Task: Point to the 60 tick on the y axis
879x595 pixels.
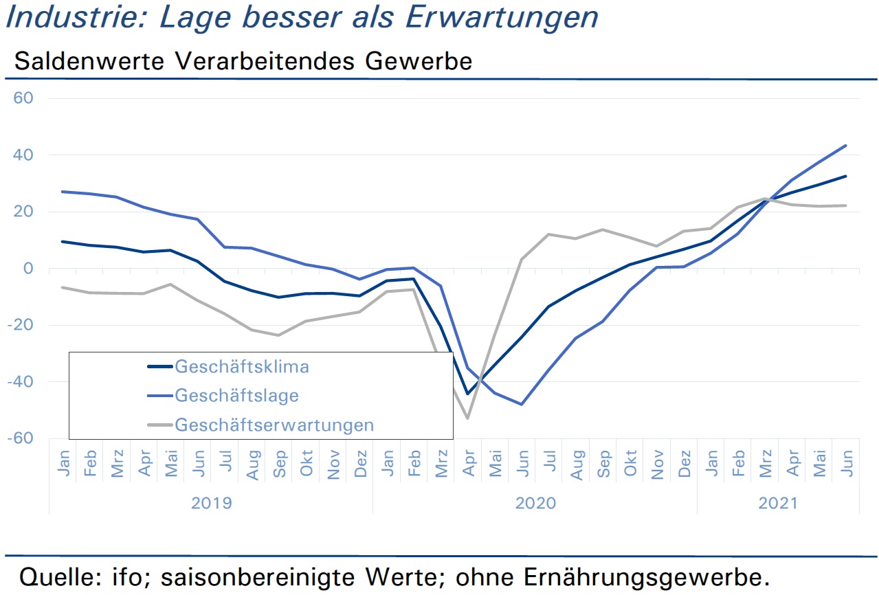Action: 23,98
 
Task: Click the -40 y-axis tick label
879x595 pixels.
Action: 21,381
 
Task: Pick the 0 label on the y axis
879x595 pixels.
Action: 28,268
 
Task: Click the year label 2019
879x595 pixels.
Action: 212,503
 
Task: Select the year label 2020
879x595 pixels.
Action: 535,503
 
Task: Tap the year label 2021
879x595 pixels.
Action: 778,503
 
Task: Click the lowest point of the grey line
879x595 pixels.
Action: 468,418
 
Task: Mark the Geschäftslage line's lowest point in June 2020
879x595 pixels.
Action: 522,404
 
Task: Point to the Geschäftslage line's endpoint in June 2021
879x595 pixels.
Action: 845,146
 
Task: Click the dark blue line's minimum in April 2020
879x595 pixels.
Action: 467,394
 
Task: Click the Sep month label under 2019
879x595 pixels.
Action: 280,464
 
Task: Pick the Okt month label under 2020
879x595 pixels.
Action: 630,463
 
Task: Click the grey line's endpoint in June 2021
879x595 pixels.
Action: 845,205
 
